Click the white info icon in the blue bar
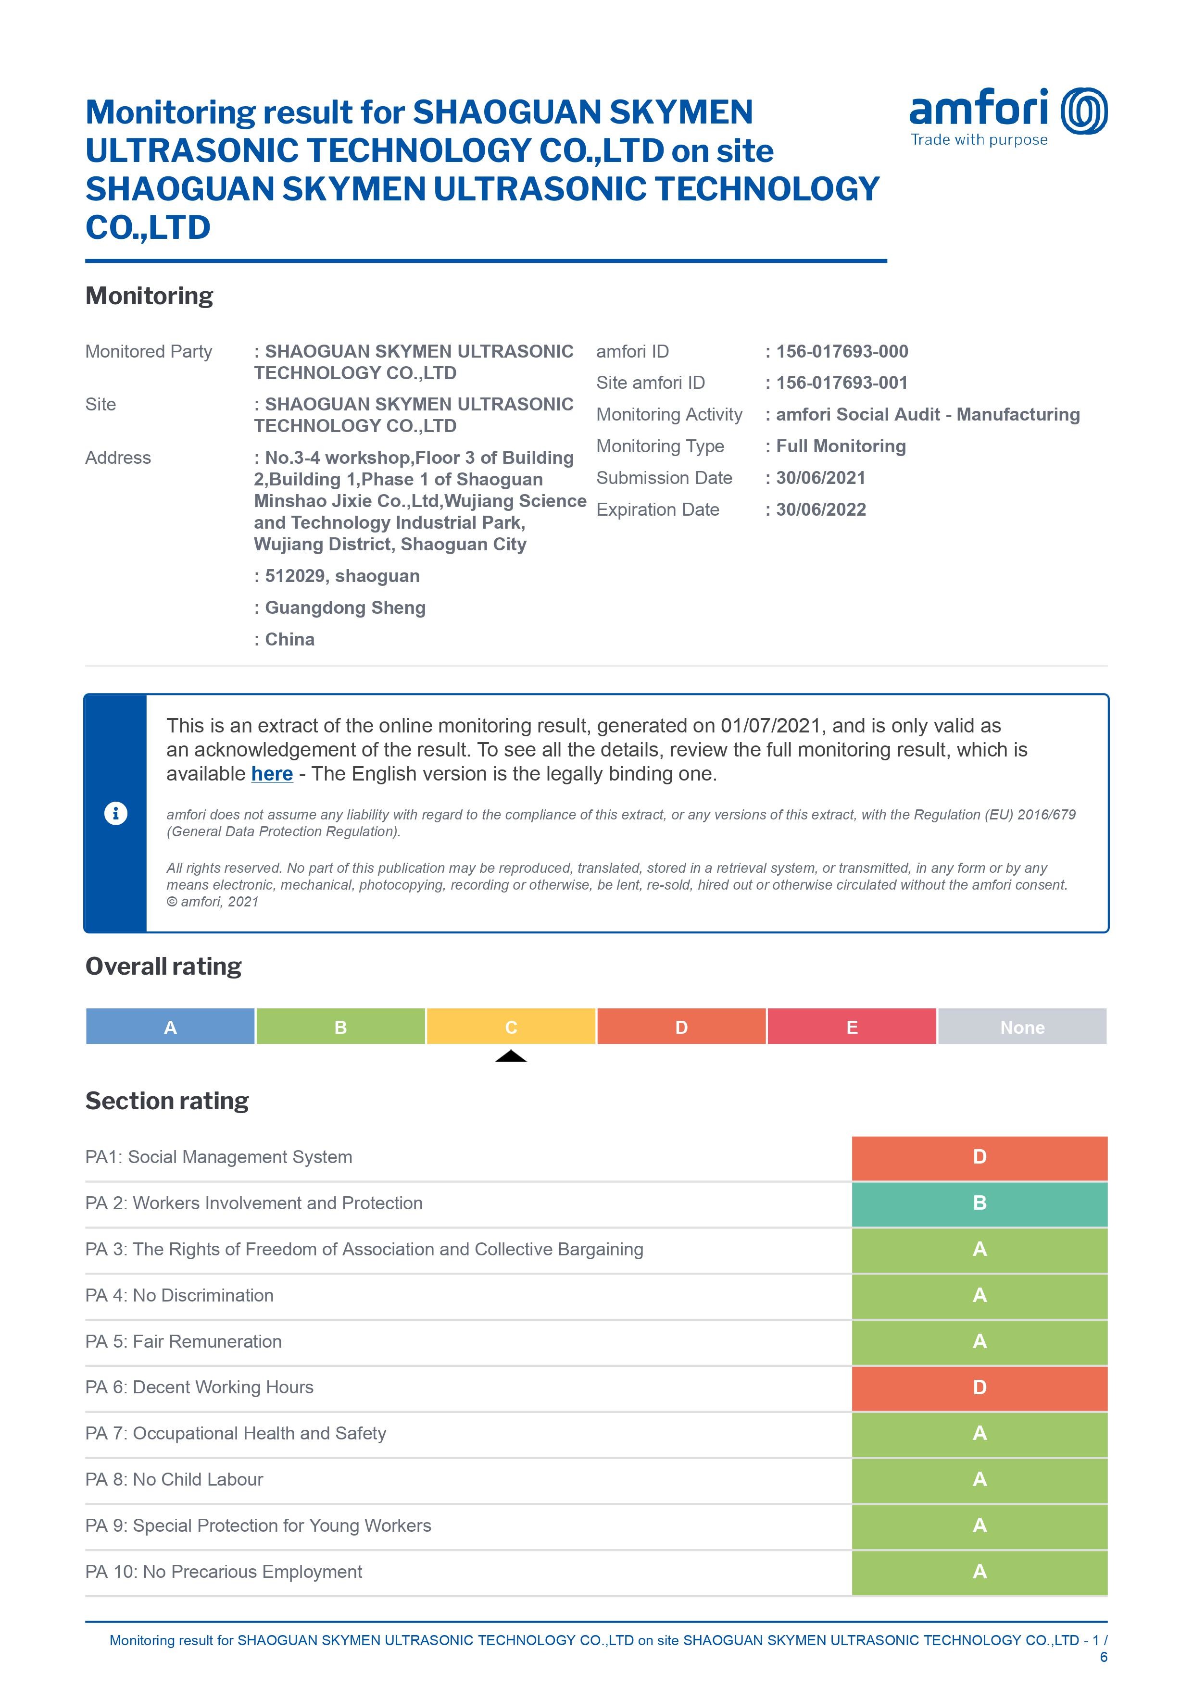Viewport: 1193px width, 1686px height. (116, 814)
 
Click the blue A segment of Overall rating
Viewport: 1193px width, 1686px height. (170, 1027)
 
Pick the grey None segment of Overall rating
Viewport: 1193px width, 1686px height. (1022, 1027)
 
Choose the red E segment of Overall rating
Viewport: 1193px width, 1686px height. (852, 1027)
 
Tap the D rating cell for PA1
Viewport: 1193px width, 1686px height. (979, 1157)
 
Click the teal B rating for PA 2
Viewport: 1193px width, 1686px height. (979, 1203)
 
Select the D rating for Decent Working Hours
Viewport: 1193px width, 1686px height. (979, 1388)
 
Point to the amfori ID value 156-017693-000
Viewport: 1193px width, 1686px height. (842, 352)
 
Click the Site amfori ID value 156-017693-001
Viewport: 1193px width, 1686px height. (842, 384)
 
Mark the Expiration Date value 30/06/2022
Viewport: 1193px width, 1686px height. (821, 510)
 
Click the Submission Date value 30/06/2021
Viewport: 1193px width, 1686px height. (821, 478)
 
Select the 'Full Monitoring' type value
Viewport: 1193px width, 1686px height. (841, 446)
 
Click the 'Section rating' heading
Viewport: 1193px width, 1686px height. (167, 1101)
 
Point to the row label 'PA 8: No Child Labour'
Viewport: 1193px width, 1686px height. (174, 1480)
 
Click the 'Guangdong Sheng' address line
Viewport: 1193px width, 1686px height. (345, 608)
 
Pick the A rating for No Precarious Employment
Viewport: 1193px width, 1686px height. (979, 1572)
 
